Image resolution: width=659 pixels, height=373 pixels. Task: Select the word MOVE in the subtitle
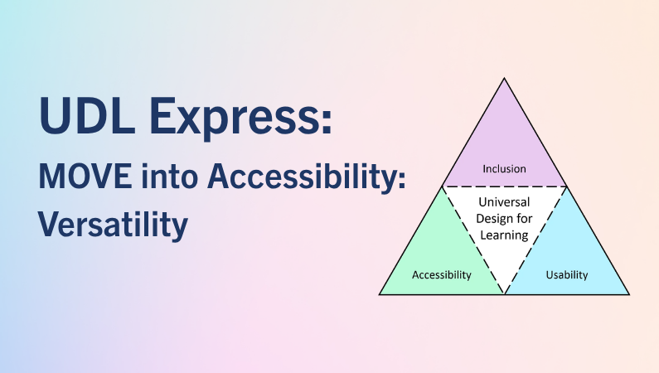[x=85, y=176]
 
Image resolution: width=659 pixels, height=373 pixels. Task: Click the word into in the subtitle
[x=169, y=176]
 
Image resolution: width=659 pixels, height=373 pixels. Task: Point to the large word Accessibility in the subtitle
[x=302, y=177]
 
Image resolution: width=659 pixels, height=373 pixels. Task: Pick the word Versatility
[x=113, y=225]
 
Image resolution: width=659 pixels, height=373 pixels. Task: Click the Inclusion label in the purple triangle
[x=504, y=169]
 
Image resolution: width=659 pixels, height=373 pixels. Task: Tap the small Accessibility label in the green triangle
[x=441, y=275]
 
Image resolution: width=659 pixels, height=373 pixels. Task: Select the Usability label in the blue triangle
[x=566, y=275]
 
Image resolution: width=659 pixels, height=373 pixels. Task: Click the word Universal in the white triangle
[x=504, y=202]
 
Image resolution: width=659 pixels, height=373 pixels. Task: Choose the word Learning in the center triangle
[x=504, y=235]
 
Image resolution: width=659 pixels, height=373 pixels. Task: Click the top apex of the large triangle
[x=504, y=78]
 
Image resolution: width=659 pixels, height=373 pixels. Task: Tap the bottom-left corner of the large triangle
[x=380, y=294]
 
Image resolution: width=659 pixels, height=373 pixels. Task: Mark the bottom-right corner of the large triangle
[x=629, y=294]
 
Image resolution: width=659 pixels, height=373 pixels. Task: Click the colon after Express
[x=327, y=122]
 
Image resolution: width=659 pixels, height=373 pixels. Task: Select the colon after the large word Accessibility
[x=401, y=178]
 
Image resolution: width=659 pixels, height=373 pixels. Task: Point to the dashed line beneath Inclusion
[x=504, y=186]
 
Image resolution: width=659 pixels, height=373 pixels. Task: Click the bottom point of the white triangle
[x=504, y=293]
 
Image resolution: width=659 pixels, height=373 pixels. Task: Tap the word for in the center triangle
[x=523, y=219]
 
